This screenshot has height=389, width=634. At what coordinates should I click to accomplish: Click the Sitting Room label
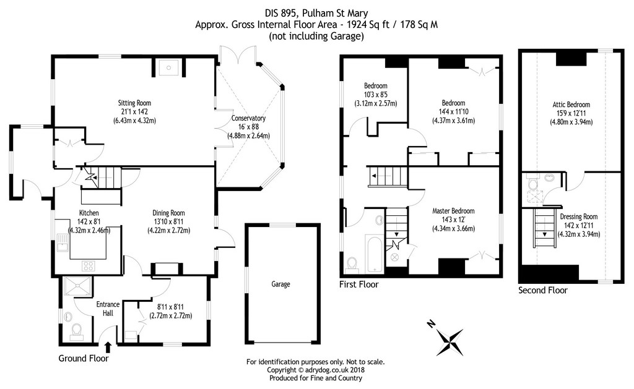134,103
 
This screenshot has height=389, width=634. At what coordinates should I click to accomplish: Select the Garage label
280,284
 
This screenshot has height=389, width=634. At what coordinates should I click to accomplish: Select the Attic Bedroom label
571,105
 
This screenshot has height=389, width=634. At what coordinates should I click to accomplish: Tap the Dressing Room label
578,216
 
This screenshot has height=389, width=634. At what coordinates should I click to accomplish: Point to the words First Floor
358,285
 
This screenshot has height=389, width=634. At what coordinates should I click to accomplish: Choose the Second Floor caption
542,290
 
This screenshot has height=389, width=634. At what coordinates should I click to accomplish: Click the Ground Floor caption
83,359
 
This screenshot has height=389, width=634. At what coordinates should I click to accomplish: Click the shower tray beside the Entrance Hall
77,286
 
